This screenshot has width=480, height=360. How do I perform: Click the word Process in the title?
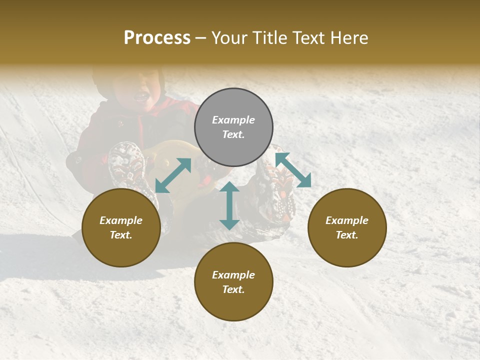(157, 38)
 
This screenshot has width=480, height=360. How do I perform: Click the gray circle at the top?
(233, 127)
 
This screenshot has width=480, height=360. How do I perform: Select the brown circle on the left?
(121, 227)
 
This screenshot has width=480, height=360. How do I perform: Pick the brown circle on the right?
(347, 227)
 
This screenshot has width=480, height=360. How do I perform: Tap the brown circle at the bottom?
(233, 281)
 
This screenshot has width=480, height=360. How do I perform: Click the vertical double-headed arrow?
(229, 205)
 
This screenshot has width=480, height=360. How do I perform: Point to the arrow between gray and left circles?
(173, 175)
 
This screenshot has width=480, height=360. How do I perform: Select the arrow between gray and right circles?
(293, 170)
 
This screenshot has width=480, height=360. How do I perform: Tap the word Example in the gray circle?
(233, 120)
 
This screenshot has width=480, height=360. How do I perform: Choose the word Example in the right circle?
(347, 220)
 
